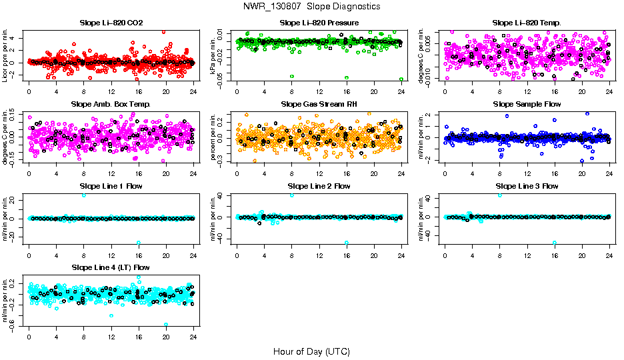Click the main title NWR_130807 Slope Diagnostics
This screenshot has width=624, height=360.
(x=312, y=6)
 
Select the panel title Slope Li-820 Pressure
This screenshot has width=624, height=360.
(x=319, y=23)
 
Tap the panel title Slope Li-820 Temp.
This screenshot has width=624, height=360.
(x=527, y=23)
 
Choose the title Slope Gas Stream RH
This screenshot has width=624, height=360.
(x=319, y=105)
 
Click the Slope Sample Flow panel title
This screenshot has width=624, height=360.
(x=527, y=105)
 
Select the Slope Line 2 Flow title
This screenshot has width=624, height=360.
(x=319, y=186)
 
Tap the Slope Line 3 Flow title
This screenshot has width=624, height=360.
(x=527, y=186)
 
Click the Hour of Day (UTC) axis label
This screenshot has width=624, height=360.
(x=311, y=351)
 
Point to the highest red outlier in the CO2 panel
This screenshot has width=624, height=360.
(x=164, y=31)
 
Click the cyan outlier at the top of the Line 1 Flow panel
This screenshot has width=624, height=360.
(x=83, y=195)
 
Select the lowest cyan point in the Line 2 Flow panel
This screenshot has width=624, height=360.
(x=347, y=243)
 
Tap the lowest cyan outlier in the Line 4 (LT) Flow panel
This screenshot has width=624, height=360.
(x=166, y=325)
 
